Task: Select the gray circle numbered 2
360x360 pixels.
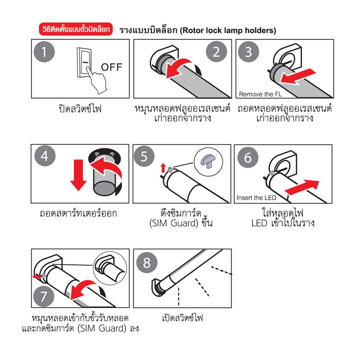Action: coord(216,52)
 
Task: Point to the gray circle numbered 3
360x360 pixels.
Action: coord(248,52)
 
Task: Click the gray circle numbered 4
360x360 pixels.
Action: coord(44,157)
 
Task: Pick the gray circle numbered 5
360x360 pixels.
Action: coord(144,157)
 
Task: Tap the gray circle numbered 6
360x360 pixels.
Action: coord(248,158)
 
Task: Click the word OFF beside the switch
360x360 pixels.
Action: coord(112,67)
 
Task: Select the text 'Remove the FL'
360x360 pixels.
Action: coord(260,94)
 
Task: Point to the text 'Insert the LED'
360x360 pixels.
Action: coord(256,198)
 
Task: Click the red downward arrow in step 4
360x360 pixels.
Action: coord(78,175)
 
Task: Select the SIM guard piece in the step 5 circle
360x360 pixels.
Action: coord(208,158)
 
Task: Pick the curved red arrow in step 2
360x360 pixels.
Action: coord(180,67)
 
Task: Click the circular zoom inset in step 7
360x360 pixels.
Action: coord(111,267)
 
